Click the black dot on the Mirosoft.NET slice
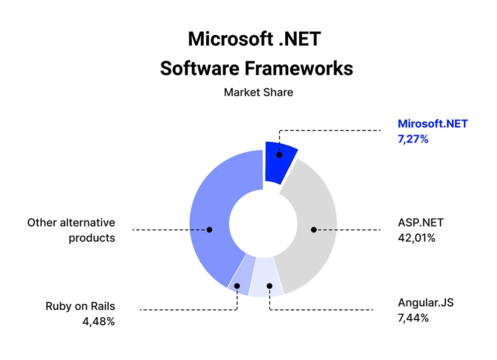(279, 155)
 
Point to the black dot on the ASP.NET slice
(314, 229)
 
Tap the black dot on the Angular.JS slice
(269, 286)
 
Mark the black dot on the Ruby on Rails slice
(237, 286)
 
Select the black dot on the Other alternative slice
(209, 229)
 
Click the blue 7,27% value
(413, 139)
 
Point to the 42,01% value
(416, 238)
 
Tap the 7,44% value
(414, 318)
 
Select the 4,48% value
(98, 321)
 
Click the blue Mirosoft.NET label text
(433, 124)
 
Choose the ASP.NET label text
(420, 222)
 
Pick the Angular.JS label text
(426, 303)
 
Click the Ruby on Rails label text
(80, 306)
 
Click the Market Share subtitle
(258, 92)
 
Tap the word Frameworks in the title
(299, 69)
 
